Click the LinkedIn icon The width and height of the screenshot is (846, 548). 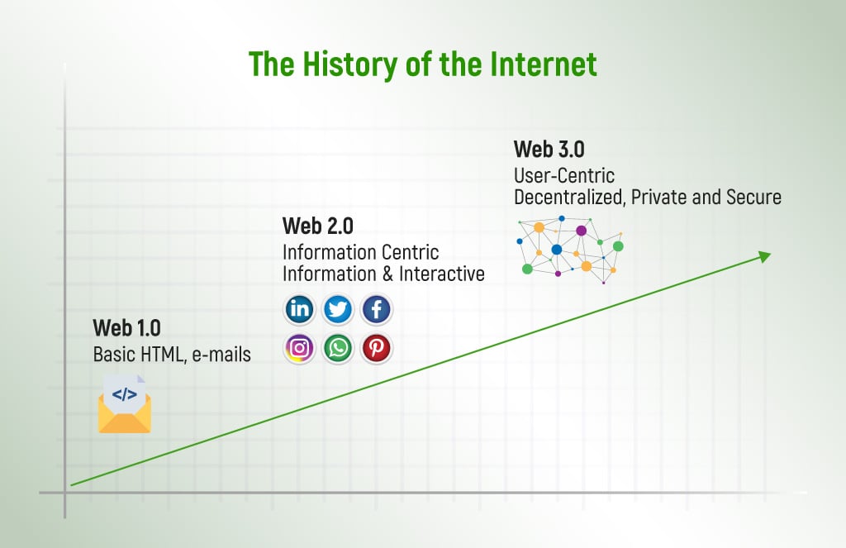point(299,309)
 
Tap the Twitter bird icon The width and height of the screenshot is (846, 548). point(338,309)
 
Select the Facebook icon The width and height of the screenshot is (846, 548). point(376,309)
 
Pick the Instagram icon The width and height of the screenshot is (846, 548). point(299,348)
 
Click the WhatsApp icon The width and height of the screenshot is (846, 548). point(338,348)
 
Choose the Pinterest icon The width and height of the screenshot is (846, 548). point(376,348)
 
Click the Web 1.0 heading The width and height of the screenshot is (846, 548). point(126,327)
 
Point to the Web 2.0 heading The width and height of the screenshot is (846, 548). point(318,226)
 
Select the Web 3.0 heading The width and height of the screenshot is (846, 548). point(549,149)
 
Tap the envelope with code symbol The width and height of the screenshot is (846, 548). point(125,404)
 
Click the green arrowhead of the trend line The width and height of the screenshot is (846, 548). point(764,256)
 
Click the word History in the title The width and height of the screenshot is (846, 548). point(350,64)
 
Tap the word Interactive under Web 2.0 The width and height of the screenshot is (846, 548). point(442,274)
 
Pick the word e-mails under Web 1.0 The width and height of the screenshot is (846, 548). point(221,355)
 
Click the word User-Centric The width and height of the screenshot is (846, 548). point(564,175)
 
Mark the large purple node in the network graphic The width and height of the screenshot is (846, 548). point(581,231)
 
